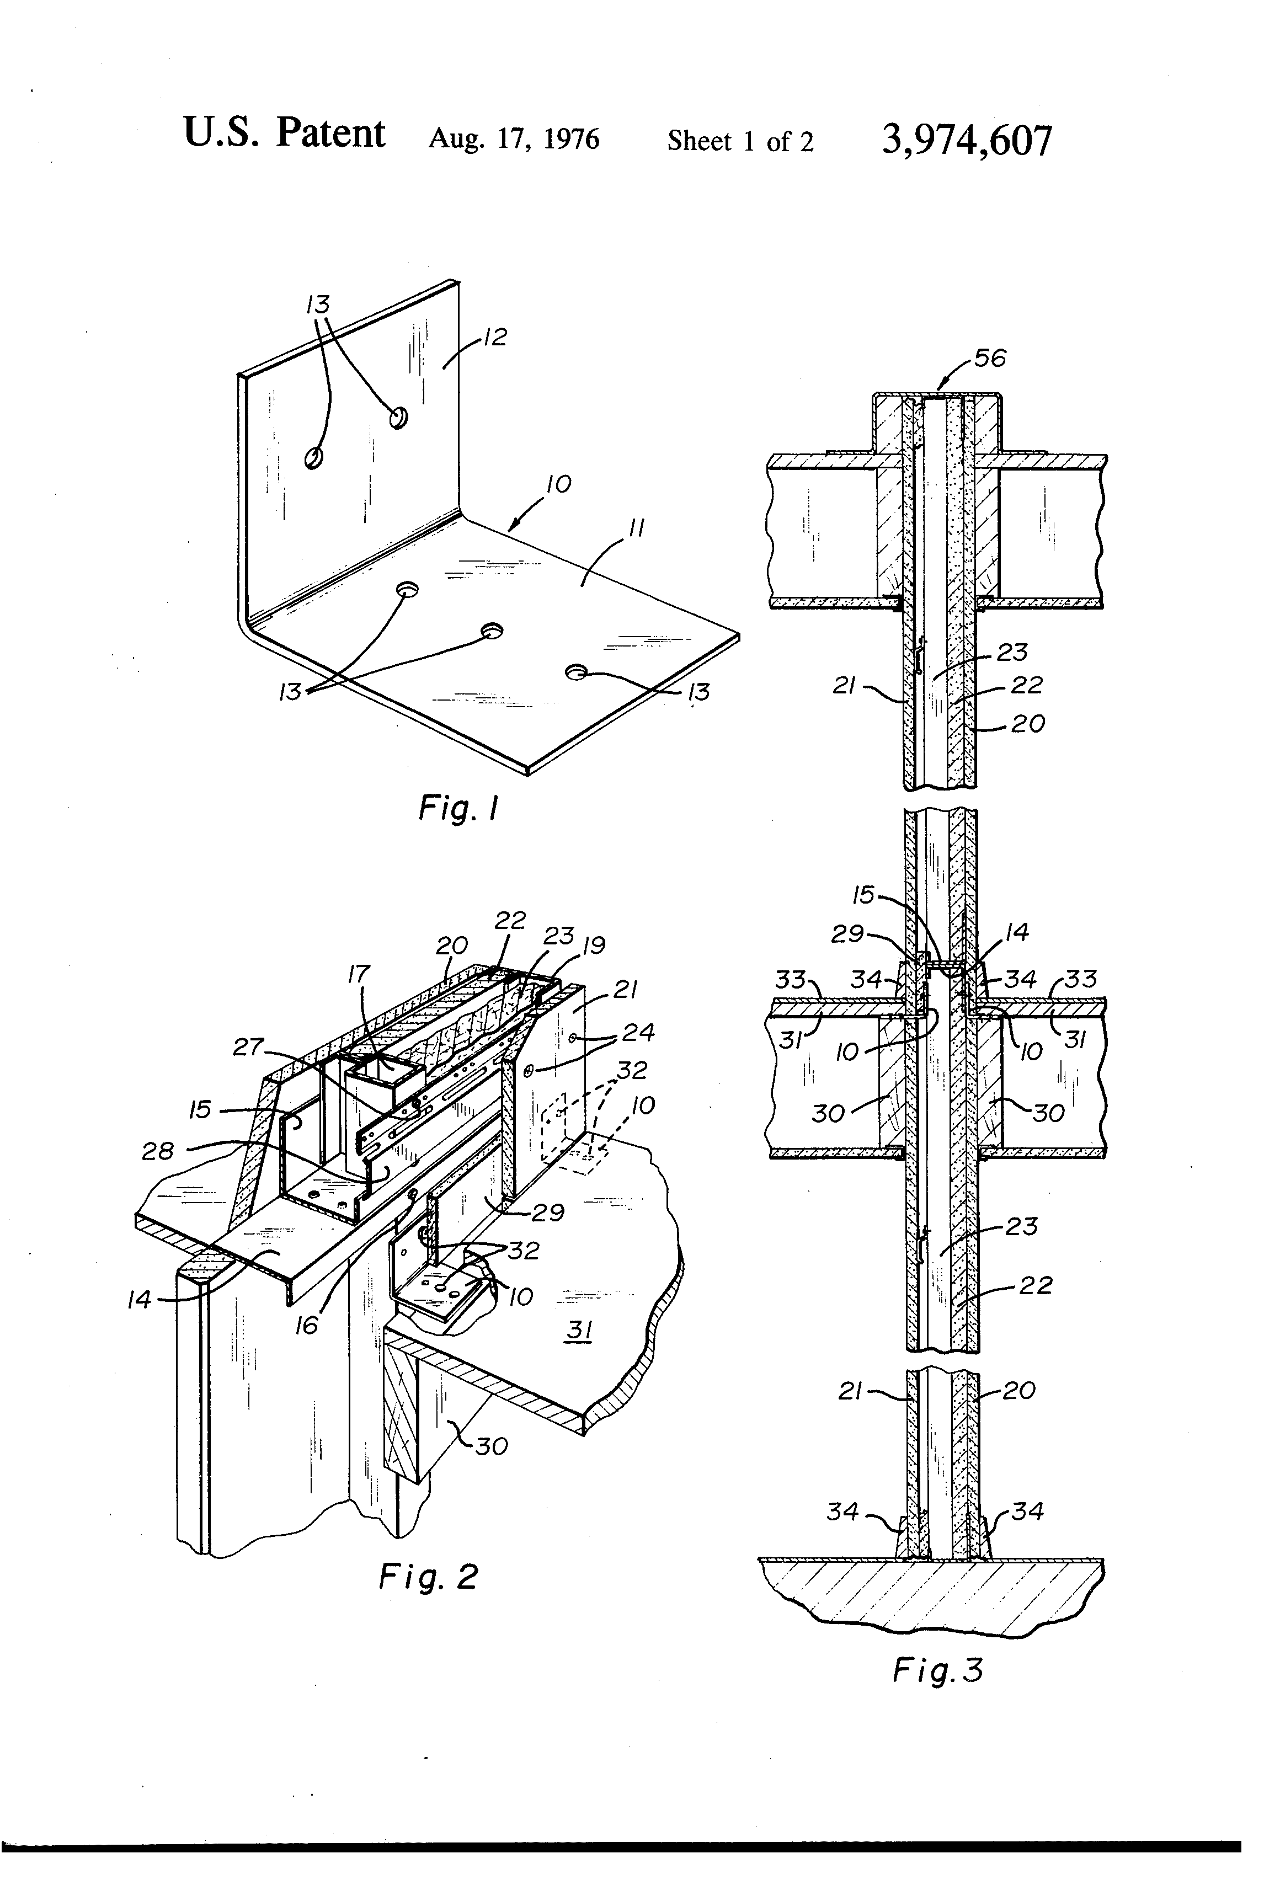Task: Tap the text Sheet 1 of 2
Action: (x=739, y=142)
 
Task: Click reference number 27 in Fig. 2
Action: (x=248, y=1047)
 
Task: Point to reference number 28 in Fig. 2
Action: (x=158, y=1150)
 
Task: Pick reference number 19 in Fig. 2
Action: (x=593, y=945)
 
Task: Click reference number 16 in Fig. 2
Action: (x=307, y=1325)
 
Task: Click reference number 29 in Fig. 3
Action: (x=848, y=934)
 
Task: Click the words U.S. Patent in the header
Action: (x=284, y=133)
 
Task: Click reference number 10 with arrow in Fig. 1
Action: (x=558, y=484)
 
